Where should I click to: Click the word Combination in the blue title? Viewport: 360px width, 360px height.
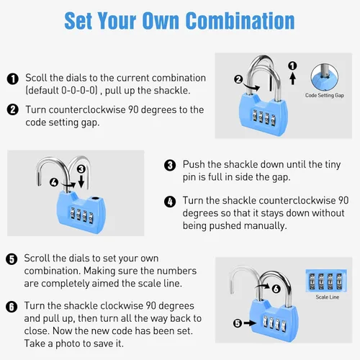[240, 21]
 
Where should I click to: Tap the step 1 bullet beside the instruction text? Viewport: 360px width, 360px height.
[13, 79]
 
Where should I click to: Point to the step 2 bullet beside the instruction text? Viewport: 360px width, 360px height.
[13, 109]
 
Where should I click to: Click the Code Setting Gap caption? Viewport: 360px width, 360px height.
[325, 95]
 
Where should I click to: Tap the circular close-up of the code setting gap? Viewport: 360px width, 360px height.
[325, 77]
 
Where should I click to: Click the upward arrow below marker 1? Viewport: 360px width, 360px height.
[292, 78]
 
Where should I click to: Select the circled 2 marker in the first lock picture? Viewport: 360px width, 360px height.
[238, 79]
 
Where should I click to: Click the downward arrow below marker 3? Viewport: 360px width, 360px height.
[81, 181]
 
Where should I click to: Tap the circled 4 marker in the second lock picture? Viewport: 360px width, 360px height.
[54, 182]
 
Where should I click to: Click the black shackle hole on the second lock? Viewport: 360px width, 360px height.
[95, 199]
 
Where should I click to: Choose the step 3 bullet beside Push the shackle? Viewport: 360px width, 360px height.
[170, 166]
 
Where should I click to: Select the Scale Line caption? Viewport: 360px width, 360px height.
[328, 297]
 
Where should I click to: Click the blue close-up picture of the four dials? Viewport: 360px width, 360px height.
[326, 281]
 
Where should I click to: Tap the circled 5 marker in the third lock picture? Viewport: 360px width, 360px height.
[238, 323]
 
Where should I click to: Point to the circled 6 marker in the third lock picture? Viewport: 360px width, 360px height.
[276, 289]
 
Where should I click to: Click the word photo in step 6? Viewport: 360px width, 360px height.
[72, 343]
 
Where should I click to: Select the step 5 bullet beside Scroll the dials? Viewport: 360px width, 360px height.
[12, 259]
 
